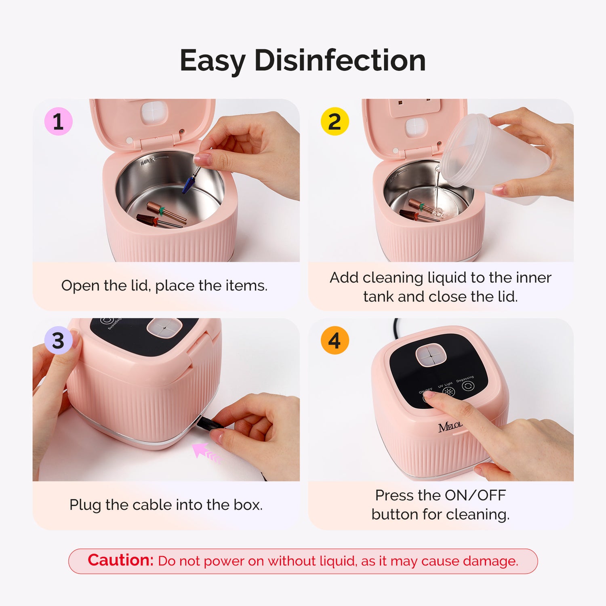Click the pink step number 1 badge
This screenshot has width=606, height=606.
pos(58,121)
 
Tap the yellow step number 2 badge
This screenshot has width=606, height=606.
pos(335,121)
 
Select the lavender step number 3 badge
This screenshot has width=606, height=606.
pos(58,340)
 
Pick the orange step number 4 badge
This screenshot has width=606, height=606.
pos(335,340)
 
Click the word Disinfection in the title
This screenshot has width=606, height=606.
pos(340,61)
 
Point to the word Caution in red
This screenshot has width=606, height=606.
pos(120,560)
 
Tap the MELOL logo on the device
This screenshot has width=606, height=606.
pos(450,427)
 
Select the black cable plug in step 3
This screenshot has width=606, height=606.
pos(210,423)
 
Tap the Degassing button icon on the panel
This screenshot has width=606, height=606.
pos(468,386)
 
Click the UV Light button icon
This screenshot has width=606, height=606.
pos(449,391)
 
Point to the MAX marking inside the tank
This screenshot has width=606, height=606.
pos(148,162)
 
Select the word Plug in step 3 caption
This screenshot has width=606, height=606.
pos(85,505)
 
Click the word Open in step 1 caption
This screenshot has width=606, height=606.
pos(80,286)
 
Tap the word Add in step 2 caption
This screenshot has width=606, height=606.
pos(344,278)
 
